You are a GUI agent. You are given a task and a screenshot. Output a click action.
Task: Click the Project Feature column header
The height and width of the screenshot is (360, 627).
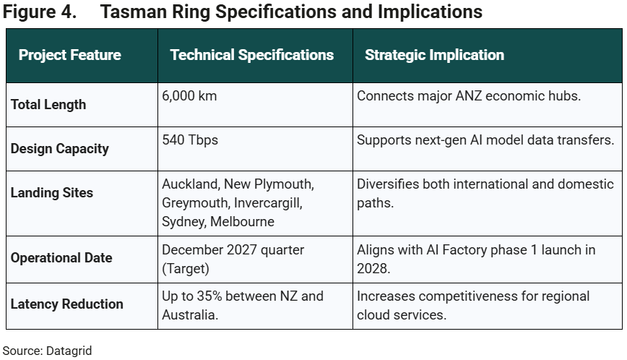pos(69,56)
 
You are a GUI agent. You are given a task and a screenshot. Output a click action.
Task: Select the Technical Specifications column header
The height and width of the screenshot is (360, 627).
pos(252,56)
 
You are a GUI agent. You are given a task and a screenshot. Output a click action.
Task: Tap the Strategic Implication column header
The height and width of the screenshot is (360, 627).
pos(434,56)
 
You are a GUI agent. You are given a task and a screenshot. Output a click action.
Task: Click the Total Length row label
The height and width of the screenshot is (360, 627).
pos(48,105)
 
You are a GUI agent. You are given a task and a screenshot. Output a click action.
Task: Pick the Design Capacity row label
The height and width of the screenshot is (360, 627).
pos(60,149)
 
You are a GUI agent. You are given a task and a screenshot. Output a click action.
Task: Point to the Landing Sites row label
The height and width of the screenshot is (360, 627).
pos(52,193)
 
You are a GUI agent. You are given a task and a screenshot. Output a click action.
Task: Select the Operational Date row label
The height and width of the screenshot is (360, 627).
pos(61,258)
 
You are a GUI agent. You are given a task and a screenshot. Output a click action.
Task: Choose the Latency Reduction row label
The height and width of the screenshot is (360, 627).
pos(67,304)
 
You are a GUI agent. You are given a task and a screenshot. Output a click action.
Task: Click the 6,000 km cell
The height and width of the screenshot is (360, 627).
pos(189,96)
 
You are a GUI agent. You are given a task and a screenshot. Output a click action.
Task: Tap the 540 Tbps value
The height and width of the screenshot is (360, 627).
pos(190,140)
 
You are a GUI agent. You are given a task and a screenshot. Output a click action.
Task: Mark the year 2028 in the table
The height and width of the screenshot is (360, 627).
pos(374,268)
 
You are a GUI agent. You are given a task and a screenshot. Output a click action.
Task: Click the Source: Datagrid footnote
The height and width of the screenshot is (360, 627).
pos(48,351)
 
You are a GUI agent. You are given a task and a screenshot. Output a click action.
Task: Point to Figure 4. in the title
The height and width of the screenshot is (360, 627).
pos(41,12)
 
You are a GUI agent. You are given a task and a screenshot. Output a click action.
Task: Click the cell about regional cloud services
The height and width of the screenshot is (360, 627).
pos(473,305)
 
